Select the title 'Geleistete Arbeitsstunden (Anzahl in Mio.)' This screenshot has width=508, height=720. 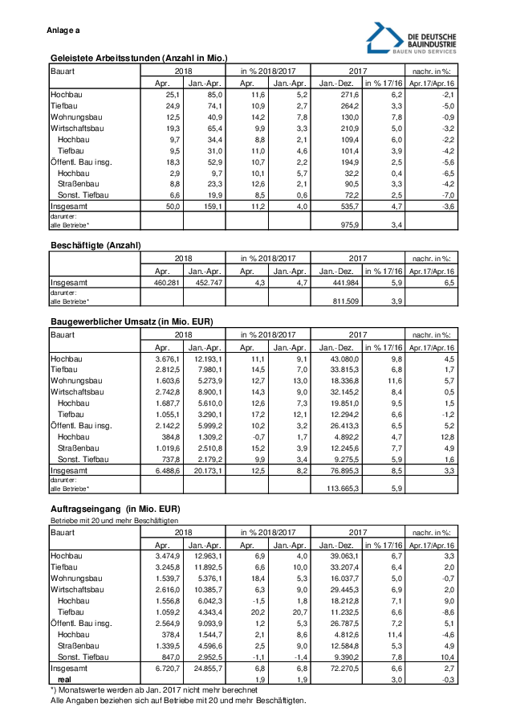click(x=139, y=58)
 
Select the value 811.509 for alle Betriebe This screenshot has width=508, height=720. click(x=340, y=301)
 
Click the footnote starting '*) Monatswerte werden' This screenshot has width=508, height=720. click(x=154, y=689)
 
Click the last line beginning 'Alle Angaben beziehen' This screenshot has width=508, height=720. click(x=178, y=701)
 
